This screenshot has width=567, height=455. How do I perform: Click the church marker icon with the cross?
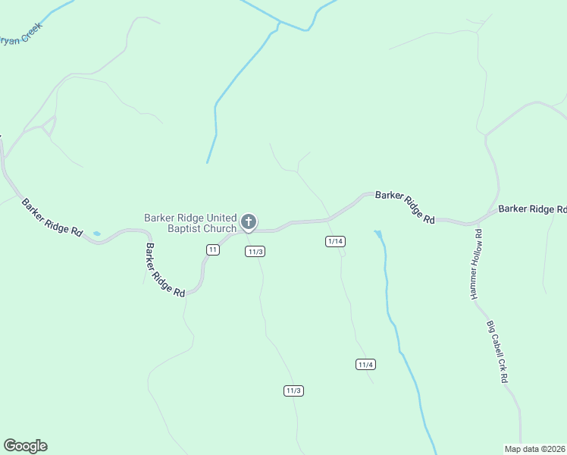tap(248, 222)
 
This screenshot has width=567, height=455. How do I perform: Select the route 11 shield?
tap(213, 249)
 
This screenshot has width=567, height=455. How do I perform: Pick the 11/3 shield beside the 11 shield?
tap(255, 252)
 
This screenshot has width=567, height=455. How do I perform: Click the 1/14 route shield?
tap(335, 241)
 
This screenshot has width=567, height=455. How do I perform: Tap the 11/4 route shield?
tap(365, 365)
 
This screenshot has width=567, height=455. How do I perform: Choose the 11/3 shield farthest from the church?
tap(293, 391)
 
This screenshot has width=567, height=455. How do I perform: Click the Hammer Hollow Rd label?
tap(476, 271)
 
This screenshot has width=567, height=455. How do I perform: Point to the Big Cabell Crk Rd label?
tap(497, 351)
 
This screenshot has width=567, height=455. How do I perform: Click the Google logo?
tap(25, 446)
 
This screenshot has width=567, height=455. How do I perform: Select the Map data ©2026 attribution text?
tap(535, 448)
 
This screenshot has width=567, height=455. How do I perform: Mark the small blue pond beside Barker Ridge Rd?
tap(96, 233)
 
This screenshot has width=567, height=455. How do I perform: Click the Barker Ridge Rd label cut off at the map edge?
tap(532, 209)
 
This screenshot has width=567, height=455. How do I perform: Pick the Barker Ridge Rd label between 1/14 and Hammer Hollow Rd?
tap(405, 206)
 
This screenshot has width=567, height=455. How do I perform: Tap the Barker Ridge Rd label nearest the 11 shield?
tap(165, 270)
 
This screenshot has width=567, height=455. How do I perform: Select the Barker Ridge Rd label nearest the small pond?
tap(51, 217)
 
